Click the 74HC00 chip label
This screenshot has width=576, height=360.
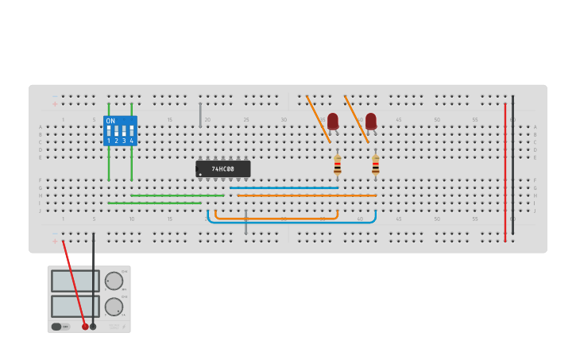(223, 169)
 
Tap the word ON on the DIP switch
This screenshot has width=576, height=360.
(110, 121)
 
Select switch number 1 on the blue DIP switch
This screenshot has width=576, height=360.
(109, 131)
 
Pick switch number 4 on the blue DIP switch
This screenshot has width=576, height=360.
(131, 131)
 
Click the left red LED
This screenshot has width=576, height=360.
(333, 121)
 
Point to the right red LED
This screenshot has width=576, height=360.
(371, 121)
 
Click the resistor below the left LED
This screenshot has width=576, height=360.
(338, 165)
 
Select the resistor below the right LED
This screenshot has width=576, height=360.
(376, 165)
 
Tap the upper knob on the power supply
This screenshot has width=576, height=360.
(114, 281)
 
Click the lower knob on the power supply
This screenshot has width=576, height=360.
(114, 307)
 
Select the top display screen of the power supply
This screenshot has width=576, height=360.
(75, 281)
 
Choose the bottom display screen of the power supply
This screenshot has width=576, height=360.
(75, 306)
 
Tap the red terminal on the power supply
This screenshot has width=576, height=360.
(85, 327)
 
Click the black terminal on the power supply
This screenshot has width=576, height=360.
(93, 327)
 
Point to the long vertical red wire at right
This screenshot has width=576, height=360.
(504, 171)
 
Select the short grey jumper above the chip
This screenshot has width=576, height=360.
(200, 115)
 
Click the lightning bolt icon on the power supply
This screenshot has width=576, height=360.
(123, 326)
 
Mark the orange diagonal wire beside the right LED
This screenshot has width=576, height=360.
(356, 119)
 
